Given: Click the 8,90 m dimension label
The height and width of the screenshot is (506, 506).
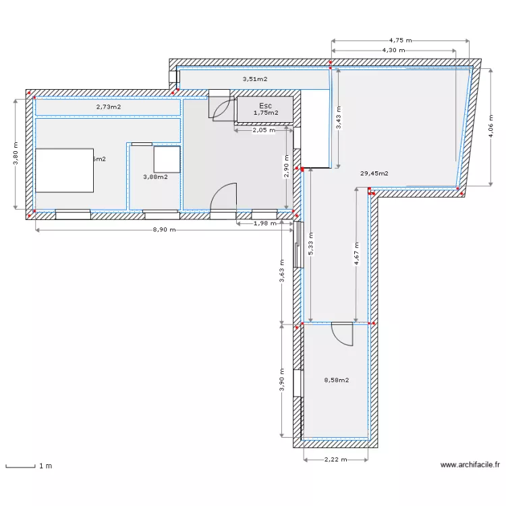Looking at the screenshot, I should [x=164, y=230].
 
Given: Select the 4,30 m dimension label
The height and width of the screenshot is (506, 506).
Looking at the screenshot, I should [x=393, y=50].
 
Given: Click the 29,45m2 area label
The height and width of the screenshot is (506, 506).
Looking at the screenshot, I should [x=374, y=173].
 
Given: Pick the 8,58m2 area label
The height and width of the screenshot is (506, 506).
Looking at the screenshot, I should [x=336, y=380].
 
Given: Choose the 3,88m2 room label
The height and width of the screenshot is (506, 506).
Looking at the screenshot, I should [x=155, y=177].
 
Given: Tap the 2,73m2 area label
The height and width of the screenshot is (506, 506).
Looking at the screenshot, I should [x=108, y=107].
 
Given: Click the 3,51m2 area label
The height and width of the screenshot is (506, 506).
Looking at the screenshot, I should [x=255, y=79].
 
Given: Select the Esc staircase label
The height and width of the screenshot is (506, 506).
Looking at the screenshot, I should [x=265, y=106].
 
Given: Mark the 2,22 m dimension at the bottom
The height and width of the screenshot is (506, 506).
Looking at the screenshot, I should [x=335, y=459].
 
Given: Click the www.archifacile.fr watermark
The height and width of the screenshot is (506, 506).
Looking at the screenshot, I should [x=470, y=465].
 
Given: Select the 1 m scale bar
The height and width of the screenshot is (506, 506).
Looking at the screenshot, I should [x=20, y=466].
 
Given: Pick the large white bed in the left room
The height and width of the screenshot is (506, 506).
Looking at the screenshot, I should [x=64, y=170].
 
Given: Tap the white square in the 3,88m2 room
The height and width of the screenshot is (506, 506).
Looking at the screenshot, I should [x=166, y=159].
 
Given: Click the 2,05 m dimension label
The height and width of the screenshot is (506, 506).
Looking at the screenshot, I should [x=263, y=130].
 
